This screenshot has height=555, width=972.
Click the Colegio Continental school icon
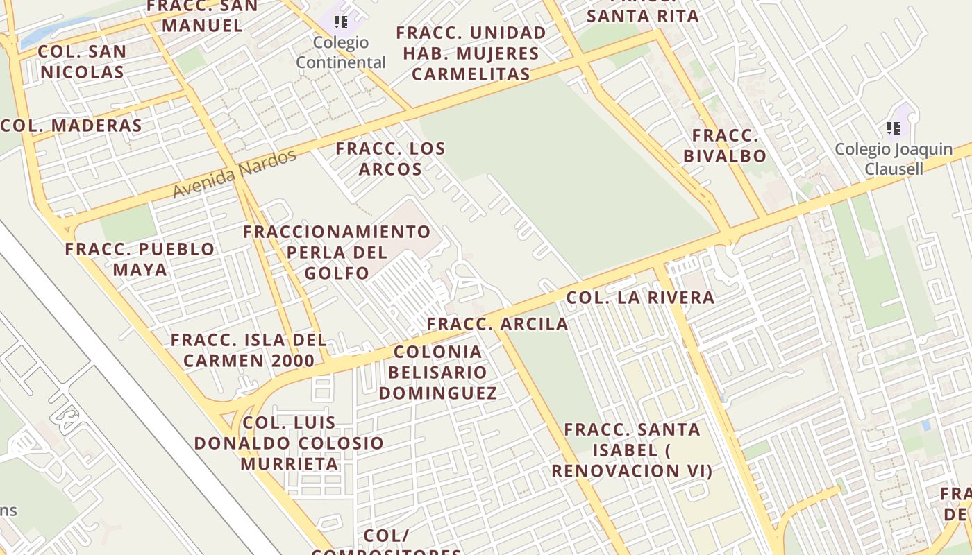[340, 22]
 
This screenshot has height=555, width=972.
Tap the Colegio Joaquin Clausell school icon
[894, 128]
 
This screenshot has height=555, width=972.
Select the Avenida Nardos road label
[235, 173]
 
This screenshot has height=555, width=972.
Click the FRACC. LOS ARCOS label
[390, 159]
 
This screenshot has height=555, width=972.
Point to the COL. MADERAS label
[72, 126]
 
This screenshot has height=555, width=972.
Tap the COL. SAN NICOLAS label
[82, 62]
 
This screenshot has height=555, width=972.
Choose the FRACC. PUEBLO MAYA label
[140, 259]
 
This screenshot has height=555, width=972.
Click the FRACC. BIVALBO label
[725, 146]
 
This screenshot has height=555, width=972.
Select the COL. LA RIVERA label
[640, 298]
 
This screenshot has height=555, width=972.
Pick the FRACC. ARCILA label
[497, 324]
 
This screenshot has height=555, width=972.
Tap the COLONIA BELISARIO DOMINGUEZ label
[437, 373]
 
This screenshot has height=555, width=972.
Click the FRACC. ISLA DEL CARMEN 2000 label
[249, 350]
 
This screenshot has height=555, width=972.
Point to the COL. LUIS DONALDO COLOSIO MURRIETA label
[289, 443]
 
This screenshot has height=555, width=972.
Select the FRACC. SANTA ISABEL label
[632, 450]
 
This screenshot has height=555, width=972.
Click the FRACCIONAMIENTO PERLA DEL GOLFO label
[337, 252]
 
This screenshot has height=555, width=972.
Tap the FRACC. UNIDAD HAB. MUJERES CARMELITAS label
[471, 53]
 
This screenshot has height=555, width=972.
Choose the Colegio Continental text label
[341, 53]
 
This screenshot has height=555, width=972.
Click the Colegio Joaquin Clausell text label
[894, 159]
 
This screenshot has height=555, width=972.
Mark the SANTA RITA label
[642, 15]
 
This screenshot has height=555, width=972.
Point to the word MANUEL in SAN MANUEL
[202, 26]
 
